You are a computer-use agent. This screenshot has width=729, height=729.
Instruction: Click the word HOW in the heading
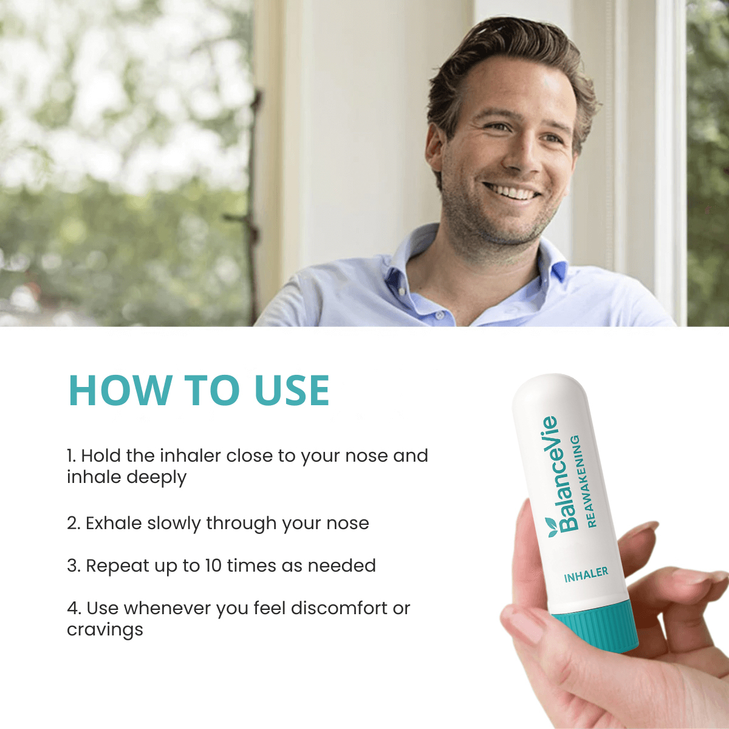(120, 390)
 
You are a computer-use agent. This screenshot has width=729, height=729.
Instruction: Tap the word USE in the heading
(291, 390)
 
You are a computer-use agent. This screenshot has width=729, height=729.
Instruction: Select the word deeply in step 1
(156, 477)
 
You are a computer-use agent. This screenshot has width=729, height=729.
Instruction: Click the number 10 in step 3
(213, 566)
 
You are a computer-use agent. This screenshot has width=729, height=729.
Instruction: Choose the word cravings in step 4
(105, 630)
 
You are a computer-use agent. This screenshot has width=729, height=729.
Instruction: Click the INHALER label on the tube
(586, 575)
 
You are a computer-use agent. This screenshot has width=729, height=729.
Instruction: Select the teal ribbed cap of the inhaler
(596, 626)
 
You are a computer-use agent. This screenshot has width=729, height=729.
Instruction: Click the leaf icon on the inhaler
(551, 527)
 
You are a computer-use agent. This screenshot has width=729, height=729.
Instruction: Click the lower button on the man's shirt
(439, 314)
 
